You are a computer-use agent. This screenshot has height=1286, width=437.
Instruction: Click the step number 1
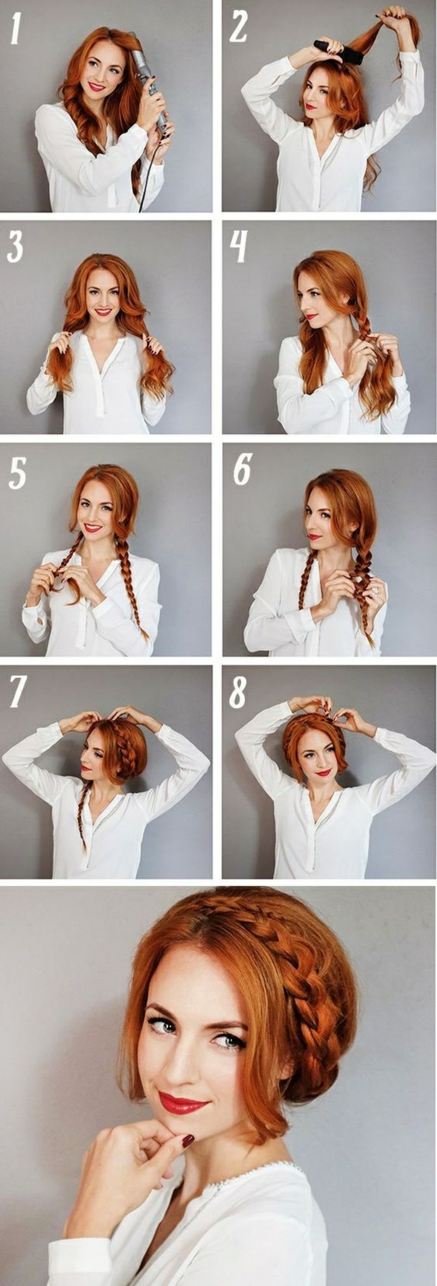click(16, 29)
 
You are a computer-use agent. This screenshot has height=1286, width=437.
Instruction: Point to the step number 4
click(238, 246)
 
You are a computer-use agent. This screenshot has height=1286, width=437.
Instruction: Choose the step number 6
click(242, 469)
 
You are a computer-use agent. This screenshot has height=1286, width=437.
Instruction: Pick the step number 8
click(238, 691)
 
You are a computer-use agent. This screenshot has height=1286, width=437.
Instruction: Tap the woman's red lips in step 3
click(103, 312)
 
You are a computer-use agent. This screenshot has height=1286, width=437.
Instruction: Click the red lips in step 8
click(323, 772)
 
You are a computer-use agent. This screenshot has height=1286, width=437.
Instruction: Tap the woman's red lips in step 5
click(93, 528)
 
